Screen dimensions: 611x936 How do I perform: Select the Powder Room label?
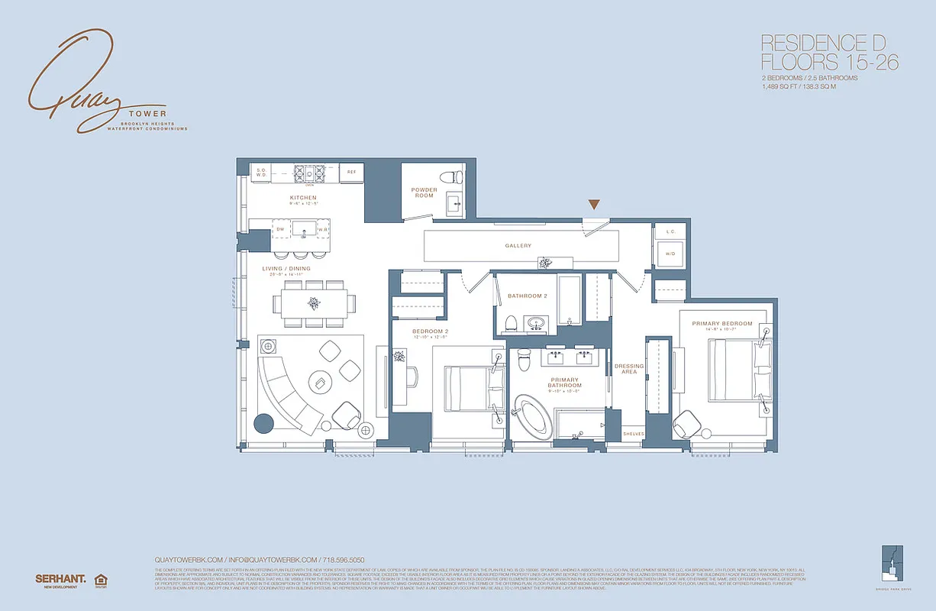pyautogui.click(x=424, y=192)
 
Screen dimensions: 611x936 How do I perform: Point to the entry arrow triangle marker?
pyautogui.click(x=594, y=204)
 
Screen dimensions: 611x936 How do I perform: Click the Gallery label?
pyautogui.click(x=518, y=246)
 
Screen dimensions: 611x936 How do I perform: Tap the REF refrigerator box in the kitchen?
pyautogui.click(x=351, y=173)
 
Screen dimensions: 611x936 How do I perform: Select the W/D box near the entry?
pyautogui.click(x=670, y=254)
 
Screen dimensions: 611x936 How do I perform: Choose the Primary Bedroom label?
pyautogui.click(x=721, y=324)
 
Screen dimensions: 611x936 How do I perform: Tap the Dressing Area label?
pyautogui.click(x=629, y=369)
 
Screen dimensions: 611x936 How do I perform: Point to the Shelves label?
pyautogui.click(x=634, y=434)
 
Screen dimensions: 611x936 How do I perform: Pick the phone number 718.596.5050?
pyautogui.click(x=346, y=559)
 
